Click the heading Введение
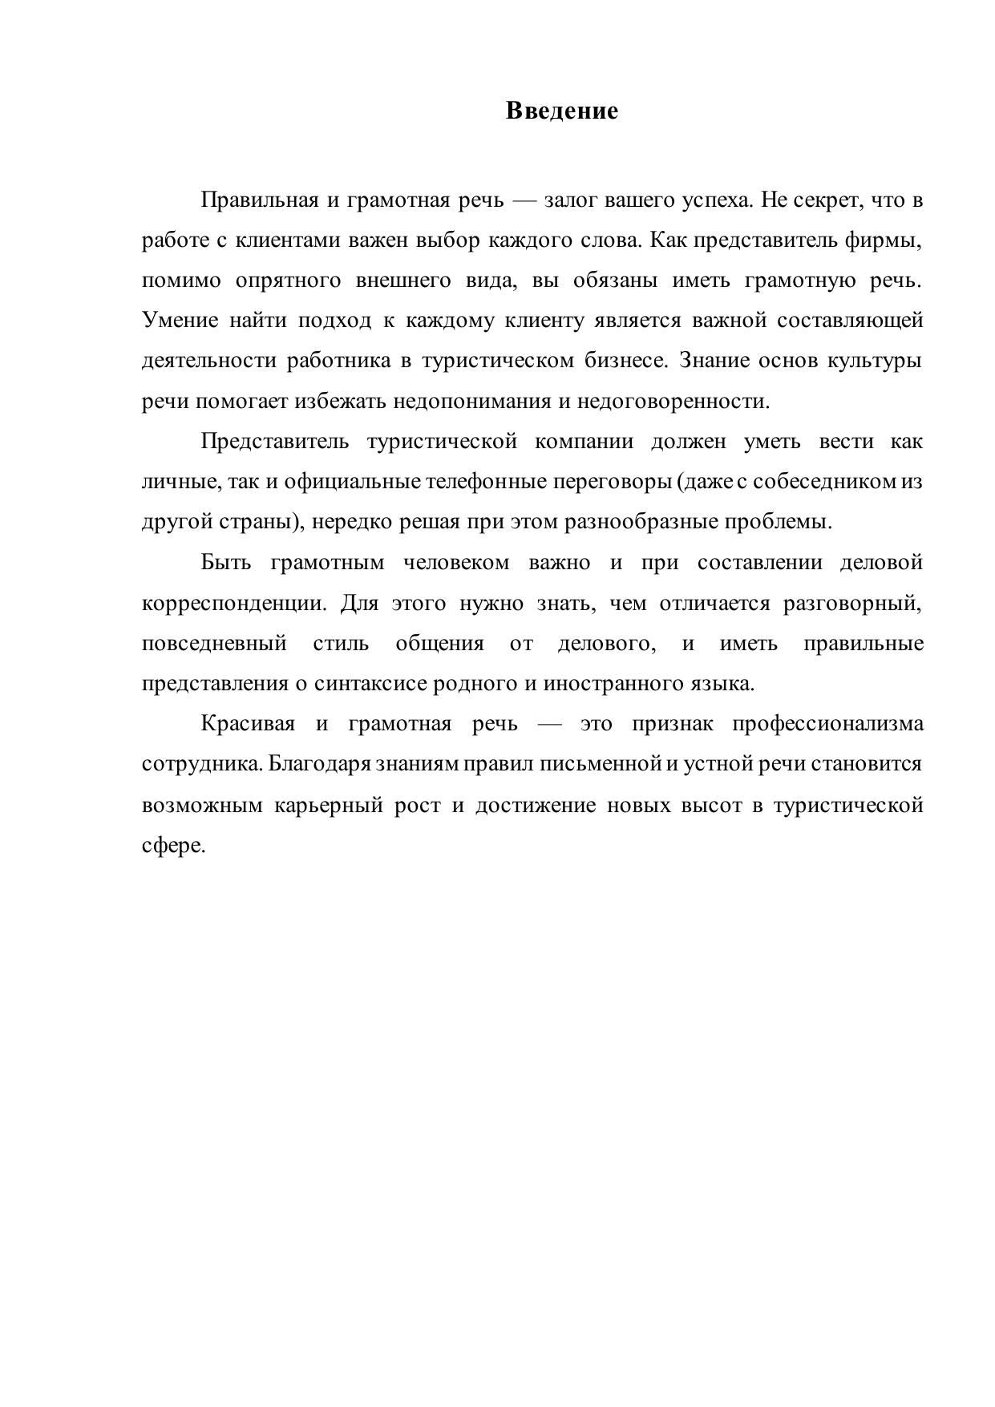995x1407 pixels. pyautogui.click(x=561, y=111)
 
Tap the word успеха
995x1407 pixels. pyautogui.click(x=717, y=200)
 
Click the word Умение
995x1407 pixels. pyautogui.click(x=180, y=321)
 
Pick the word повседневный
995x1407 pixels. pyautogui.click(x=214, y=643)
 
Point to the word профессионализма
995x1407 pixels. pyautogui.click(x=827, y=724)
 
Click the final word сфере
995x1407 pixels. pyautogui.click(x=173, y=845)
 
